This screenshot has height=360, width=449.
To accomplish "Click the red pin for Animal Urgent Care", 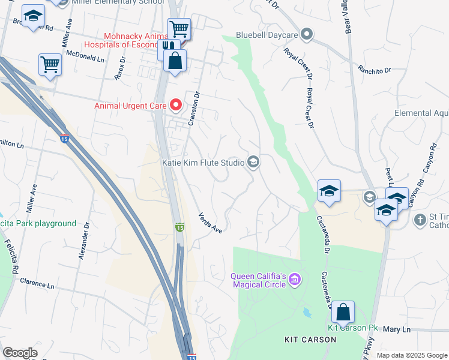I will [x=176, y=105].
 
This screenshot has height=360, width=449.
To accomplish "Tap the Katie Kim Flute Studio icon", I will [x=253, y=163].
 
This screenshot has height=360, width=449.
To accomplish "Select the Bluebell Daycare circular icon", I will [x=307, y=34].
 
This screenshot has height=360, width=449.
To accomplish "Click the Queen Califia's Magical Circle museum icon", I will [x=294, y=280].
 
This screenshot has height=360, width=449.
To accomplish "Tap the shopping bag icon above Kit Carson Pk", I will [x=343, y=312].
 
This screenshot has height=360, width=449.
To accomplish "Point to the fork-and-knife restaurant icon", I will [x=169, y=48].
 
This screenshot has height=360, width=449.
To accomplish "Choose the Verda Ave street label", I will [x=211, y=223].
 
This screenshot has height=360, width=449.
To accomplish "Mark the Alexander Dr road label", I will [x=84, y=241].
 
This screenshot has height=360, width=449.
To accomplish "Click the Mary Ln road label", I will [x=396, y=329].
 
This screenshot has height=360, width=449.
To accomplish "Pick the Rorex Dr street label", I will [x=119, y=68].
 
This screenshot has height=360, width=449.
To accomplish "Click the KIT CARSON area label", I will [x=310, y=340].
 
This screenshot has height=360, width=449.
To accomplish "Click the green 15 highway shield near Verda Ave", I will [x=179, y=227].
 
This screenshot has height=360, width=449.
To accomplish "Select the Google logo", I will [x=20, y=353].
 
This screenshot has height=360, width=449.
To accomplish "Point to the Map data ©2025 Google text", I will [x=412, y=355].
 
